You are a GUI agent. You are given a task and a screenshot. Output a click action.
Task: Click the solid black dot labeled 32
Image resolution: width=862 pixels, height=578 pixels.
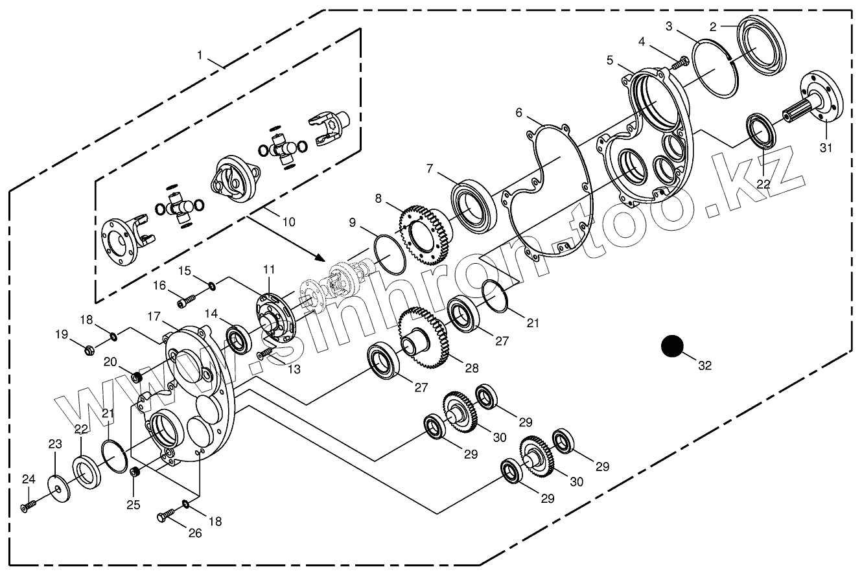point(673,346)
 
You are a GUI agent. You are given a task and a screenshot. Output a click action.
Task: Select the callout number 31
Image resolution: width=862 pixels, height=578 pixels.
point(825,148)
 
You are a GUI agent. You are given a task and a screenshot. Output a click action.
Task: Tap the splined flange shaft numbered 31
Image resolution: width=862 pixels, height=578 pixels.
point(815,104)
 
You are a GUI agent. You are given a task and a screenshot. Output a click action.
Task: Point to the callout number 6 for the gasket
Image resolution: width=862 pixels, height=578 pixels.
point(518,113)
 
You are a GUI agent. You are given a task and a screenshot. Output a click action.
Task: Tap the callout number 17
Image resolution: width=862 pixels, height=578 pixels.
point(153,317)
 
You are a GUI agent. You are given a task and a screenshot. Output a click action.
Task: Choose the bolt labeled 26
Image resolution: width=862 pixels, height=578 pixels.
point(166,516)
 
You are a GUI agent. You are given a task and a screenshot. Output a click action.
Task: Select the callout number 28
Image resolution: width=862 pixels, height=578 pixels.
point(471,367)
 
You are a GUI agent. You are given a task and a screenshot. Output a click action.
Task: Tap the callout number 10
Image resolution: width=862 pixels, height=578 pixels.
point(288,222)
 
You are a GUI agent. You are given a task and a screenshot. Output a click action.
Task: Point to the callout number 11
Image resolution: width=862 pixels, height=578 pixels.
point(269,268)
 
